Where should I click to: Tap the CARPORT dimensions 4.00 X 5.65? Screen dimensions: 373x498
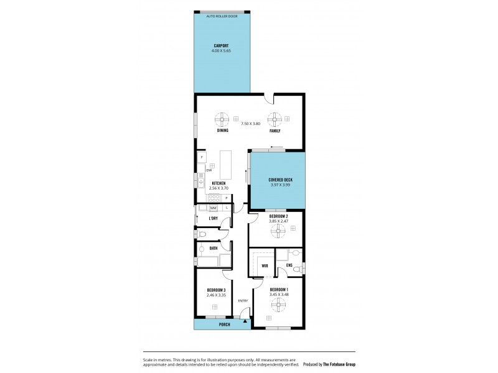pos(222,50)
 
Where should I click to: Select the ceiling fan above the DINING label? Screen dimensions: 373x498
pos(223,119)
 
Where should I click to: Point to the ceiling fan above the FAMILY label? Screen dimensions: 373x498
pos(275,119)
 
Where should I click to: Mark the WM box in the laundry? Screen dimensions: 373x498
pos(213,208)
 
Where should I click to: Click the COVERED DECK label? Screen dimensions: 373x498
pos(276,180)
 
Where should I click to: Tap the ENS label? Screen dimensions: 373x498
pos(289,266)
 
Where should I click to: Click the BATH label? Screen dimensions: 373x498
pos(213,249)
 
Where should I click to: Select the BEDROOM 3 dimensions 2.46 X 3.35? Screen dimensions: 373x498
pos(215,295)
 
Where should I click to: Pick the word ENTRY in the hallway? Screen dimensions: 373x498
pos(243,301)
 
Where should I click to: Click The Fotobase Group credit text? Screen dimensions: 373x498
pos(339,364)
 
